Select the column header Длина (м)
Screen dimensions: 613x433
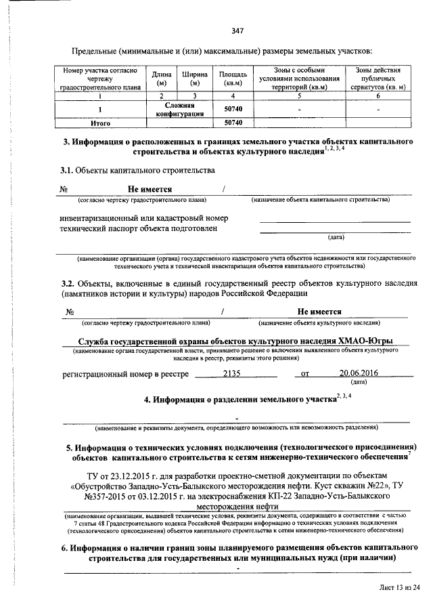point(161,78)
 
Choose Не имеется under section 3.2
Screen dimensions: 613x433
point(319,312)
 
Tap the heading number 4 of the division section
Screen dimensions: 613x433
point(148,400)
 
